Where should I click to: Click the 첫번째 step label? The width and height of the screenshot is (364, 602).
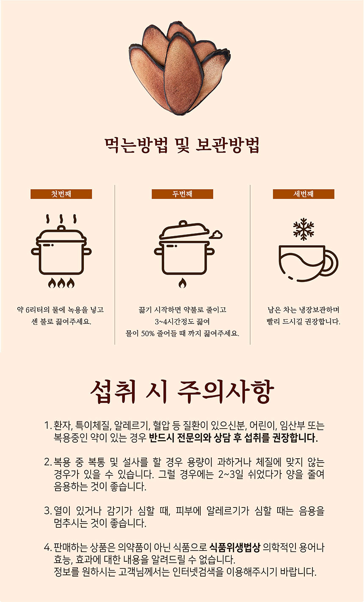[x=61, y=194]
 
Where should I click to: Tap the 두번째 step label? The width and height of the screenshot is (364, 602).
[x=182, y=194]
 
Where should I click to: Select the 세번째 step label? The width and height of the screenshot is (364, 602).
[x=303, y=194]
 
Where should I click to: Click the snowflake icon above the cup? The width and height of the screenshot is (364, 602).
[x=303, y=229]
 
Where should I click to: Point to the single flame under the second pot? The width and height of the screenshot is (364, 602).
[x=182, y=283]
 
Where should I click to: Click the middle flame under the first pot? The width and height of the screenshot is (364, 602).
[x=61, y=283]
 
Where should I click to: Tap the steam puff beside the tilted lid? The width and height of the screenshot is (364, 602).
[x=216, y=234]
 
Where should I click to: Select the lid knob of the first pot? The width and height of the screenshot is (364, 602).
[x=61, y=228]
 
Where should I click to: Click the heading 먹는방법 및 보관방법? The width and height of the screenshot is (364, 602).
[x=182, y=145]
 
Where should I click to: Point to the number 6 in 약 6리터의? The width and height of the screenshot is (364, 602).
[x=28, y=310]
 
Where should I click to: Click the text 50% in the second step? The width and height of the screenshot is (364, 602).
[x=148, y=334]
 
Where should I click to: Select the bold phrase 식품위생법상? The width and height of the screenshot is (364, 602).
[x=235, y=547]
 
